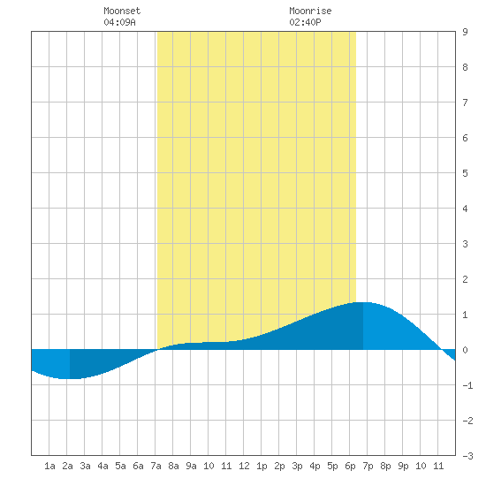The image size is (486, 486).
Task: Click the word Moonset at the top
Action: click(122, 11)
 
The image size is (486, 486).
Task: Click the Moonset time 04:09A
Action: click(119, 22)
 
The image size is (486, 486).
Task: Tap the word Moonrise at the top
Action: click(310, 11)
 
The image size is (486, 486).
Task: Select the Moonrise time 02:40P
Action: click(305, 22)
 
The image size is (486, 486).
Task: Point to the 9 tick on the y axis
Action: click(465, 32)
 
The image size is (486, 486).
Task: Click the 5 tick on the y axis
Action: click(465, 173)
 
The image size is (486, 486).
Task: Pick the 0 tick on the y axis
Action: click(465, 350)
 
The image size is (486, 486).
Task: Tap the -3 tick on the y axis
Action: click(467, 456)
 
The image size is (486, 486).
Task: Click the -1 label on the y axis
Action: click(467, 385)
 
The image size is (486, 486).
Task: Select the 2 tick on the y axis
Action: click(465, 279)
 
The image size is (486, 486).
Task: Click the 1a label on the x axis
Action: click(49, 466)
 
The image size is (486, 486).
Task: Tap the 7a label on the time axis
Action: click(156, 466)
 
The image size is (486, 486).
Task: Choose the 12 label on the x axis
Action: click(244, 466)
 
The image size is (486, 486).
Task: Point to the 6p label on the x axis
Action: click(350, 466)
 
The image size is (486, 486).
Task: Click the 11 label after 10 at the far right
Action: click(438, 466)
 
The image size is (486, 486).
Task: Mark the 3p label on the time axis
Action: click(297, 466)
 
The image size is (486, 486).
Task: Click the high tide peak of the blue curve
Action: click(363, 302)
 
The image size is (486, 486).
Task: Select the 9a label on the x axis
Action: click(191, 466)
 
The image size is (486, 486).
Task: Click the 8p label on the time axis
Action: click(385, 466)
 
